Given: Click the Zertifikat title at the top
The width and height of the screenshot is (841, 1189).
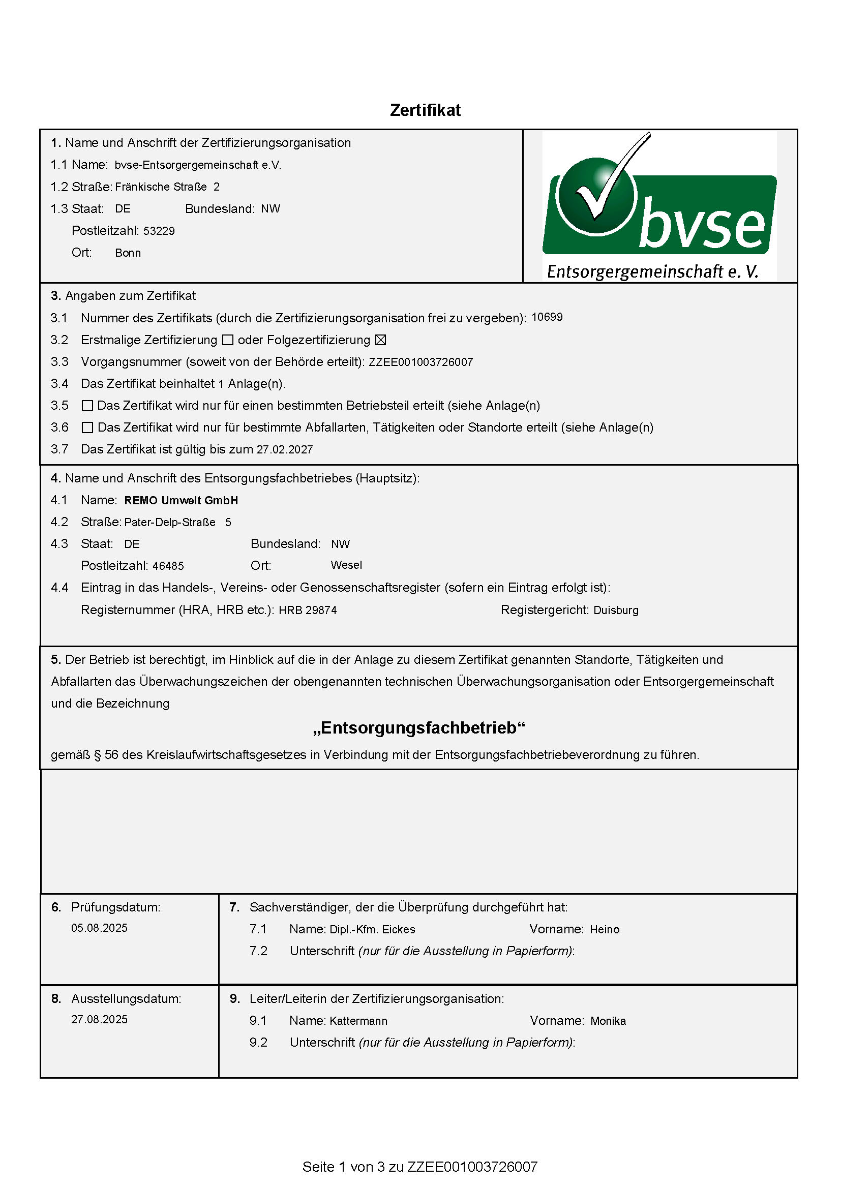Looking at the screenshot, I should pyautogui.click(x=425, y=110).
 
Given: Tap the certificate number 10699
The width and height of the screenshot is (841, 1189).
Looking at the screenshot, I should pyautogui.click(x=547, y=317).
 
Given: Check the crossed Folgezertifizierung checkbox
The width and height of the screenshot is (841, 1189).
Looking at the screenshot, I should pyautogui.click(x=381, y=340).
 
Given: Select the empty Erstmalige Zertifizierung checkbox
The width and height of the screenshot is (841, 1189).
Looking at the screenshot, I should pyautogui.click(x=227, y=340).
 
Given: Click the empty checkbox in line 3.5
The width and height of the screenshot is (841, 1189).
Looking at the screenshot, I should pyautogui.click(x=87, y=406).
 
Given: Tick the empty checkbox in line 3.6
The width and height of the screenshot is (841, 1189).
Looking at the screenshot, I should pyautogui.click(x=87, y=428).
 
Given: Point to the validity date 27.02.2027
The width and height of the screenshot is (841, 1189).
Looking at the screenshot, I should pyautogui.click(x=285, y=449).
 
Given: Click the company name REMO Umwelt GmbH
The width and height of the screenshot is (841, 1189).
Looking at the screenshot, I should pyautogui.click(x=181, y=500).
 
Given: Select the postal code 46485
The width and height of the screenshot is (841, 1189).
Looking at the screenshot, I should pyautogui.click(x=168, y=566).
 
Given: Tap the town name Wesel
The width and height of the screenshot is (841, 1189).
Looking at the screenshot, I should pyautogui.click(x=346, y=565).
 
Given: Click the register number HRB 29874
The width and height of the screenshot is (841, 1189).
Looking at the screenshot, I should pyautogui.click(x=308, y=610).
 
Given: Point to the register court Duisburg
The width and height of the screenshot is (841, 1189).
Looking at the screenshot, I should pyautogui.click(x=616, y=610).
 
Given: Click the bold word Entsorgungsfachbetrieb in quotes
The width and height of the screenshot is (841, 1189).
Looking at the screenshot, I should pyautogui.click(x=419, y=728).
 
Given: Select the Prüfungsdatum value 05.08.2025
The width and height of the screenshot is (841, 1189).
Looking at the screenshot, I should pyautogui.click(x=100, y=928).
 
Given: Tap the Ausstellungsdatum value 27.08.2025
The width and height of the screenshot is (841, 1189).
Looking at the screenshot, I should pyautogui.click(x=100, y=1019).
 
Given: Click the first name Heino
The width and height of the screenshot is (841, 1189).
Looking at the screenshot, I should pyautogui.click(x=605, y=930).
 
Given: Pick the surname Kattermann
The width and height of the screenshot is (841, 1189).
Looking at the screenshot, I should pyautogui.click(x=358, y=1021).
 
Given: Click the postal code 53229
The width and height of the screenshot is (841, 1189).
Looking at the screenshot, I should pyautogui.click(x=159, y=231).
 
